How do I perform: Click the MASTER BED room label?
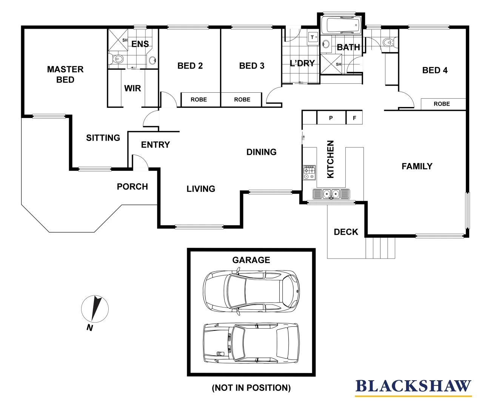(x=65, y=74)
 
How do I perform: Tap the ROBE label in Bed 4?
(x=442, y=104)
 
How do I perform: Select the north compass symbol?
(x=95, y=309)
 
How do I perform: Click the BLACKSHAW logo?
(x=413, y=387)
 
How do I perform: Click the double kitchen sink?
(x=331, y=194)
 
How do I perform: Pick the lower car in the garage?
(x=251, y=343)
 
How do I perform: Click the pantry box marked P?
(x=331, y=118)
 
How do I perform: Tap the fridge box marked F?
(x=354, y=118)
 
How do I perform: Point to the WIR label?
(x=132, y=88)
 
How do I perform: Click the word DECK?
(x=346, y=232)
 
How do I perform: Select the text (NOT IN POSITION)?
(x=251, y=388)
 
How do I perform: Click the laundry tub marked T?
(x=313, y=37)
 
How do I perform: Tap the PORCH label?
(x=132, y=187)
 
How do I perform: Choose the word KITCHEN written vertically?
(x=331, y=159)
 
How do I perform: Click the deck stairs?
(x=380, y=248)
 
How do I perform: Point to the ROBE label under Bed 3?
(x=242, y=99)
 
